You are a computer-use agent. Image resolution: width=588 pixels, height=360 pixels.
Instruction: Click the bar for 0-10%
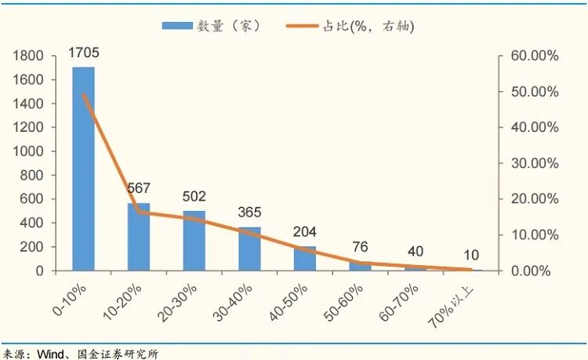[x=83, y=169]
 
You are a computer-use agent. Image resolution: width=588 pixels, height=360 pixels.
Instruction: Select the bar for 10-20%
[x=139, y=237]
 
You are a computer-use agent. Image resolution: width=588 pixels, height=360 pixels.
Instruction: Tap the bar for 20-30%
[x=194, y=241]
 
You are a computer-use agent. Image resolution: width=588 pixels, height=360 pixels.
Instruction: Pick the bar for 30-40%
[x=249, y=249]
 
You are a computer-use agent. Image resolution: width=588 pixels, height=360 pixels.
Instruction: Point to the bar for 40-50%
[x=305, y=258]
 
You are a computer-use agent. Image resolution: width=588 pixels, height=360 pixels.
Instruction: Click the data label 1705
[x=83, y=53]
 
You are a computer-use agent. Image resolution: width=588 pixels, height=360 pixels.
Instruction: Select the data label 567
[x=138, y=188]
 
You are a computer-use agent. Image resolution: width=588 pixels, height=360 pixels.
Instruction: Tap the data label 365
[x=249, y=213]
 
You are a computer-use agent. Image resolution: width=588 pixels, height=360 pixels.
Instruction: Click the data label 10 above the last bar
[x=472, y=255]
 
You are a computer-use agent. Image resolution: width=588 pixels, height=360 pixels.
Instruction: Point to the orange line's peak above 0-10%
[x=83, y=95]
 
